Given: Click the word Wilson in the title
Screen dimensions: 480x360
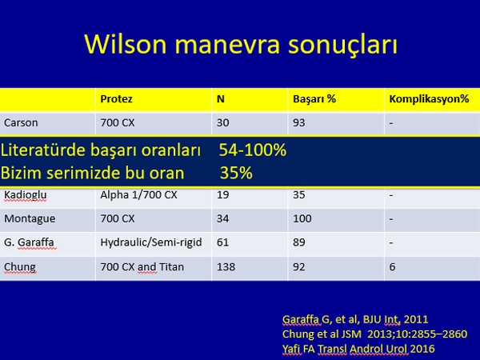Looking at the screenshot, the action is [126, 44].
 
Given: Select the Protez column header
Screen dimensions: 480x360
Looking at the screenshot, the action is [116, 99].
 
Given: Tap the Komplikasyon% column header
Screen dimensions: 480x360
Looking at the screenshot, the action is [429, 99].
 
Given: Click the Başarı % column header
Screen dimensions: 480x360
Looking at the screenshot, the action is [314, 99].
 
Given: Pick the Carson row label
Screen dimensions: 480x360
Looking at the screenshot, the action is [21, 122].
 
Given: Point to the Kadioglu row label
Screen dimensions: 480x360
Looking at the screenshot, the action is [26, 195].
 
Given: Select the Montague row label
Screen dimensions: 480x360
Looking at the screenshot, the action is [30, 218].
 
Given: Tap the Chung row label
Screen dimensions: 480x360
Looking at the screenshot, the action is [20, 267].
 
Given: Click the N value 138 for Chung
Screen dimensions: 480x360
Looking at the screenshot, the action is [226, 267].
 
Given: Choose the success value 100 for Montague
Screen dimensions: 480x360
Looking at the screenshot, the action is [302, 218].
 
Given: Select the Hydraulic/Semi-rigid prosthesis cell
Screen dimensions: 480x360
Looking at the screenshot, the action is [151, 242].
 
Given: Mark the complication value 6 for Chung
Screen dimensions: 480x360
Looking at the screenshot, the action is [392, 267].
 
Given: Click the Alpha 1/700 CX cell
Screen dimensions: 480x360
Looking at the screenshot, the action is [138, 195].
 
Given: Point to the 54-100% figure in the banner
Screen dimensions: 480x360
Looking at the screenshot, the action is [253, 150].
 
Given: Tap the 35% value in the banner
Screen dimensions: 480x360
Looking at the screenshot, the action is [236, 173].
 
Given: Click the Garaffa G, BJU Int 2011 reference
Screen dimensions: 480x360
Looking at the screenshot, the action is [355, 319].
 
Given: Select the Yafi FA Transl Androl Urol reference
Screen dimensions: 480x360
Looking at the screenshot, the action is [358, 349].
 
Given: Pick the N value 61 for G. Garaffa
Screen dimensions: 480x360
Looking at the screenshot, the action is [222, 242].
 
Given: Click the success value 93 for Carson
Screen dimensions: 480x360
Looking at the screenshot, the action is [298, 122].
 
